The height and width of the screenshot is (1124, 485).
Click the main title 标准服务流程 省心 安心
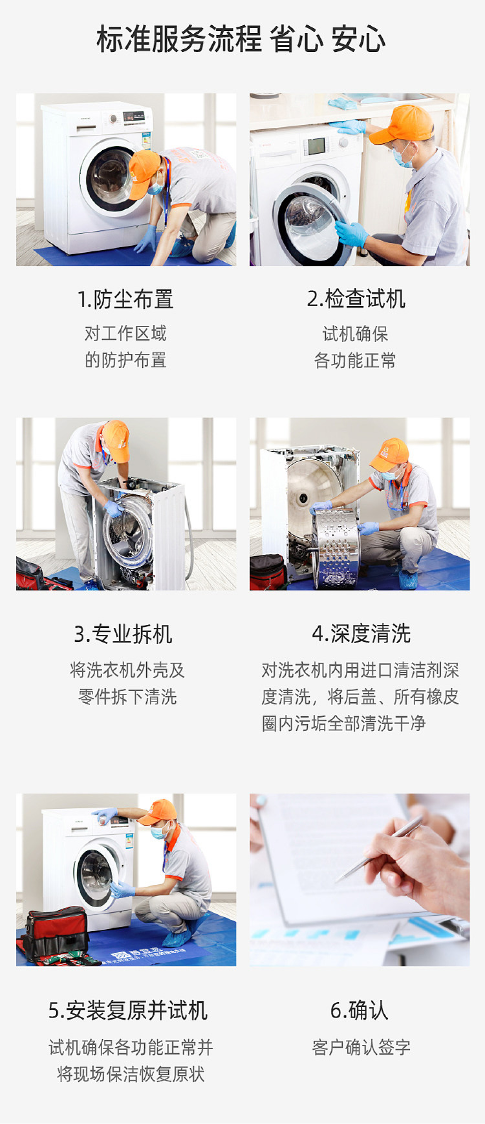coord(241,39)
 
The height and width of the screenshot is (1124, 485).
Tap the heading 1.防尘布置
coord(126,299)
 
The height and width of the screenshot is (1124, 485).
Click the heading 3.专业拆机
coord(123,634)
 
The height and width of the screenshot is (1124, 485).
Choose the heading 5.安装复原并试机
coord(128,1010)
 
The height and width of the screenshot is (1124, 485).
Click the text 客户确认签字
coord(361,1047)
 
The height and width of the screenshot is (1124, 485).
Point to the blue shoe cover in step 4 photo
coord(408,580)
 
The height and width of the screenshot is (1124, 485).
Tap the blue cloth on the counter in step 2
coord(343,103)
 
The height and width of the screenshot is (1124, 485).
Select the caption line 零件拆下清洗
coord(127,697)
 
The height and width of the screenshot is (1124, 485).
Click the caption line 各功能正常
coord(355,361)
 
